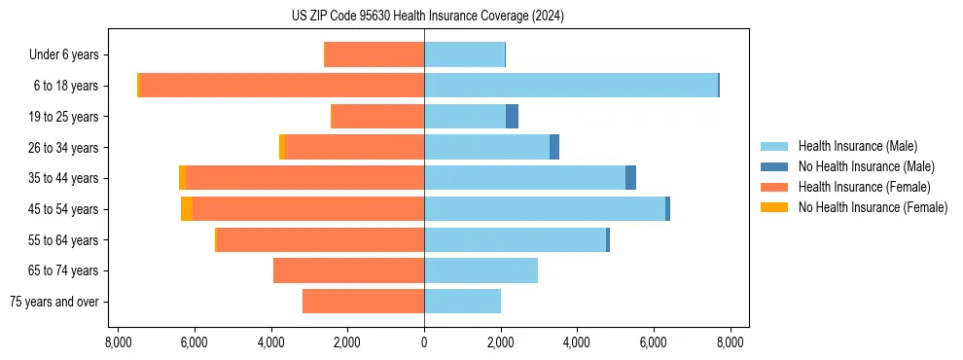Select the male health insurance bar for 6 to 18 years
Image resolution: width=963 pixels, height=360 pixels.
tap(570, 86)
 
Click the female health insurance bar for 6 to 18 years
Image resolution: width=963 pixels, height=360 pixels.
tap(282, 86)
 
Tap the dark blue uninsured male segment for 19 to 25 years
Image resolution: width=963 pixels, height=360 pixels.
tap(512, 117)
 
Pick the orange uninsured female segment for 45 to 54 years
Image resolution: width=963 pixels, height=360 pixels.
tap(187, 209)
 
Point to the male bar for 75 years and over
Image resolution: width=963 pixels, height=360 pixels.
tap(462, 302)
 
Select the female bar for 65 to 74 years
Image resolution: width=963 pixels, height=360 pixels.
tap(348, 270)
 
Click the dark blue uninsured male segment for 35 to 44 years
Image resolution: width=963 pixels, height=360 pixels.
tap(630, 178)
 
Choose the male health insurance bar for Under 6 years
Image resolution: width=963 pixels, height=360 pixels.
tap(464, 55)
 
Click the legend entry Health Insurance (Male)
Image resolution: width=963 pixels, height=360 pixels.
tap(857, 146)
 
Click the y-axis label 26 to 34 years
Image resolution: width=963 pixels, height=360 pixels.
tap(63, 148)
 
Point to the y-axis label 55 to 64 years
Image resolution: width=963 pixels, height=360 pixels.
tap(63, 240)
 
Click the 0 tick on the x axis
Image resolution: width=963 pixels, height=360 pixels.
tap(424, 342)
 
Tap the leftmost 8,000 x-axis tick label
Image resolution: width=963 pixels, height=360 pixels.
tap(118, 342)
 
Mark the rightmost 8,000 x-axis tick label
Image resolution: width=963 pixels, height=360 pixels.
tap(731, 342)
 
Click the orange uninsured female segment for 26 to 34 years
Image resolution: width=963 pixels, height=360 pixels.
tap(282, 148)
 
